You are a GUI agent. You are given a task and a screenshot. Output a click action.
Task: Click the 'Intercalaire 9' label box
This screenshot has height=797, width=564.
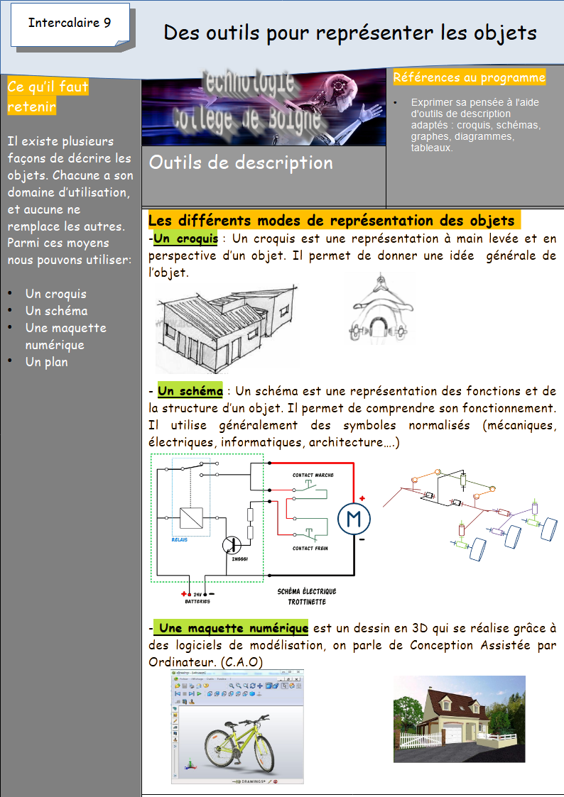pos(70,23)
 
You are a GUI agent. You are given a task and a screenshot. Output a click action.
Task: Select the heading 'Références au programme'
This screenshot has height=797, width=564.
pos(469,77)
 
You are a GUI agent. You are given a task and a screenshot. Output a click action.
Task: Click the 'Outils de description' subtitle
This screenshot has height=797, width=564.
pos(241,163)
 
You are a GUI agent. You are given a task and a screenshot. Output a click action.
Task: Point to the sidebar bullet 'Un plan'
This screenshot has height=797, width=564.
pos(46,362)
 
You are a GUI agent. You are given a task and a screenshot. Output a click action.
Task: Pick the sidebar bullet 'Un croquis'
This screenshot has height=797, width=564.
pos(55,294)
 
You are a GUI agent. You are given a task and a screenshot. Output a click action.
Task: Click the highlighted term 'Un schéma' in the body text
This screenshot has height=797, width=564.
pos(190,391)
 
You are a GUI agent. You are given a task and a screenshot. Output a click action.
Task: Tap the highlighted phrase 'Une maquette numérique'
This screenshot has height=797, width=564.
pos(232,628)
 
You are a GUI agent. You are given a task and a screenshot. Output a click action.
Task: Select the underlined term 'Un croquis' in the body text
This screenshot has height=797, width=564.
pos(185,238)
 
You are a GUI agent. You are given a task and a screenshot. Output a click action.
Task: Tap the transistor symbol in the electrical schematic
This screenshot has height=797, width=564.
pos(232,545)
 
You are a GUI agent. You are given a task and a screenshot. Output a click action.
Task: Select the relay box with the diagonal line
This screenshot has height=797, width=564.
pos(191,518)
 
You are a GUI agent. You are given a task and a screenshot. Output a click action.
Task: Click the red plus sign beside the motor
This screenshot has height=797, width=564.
pos(362,498)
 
